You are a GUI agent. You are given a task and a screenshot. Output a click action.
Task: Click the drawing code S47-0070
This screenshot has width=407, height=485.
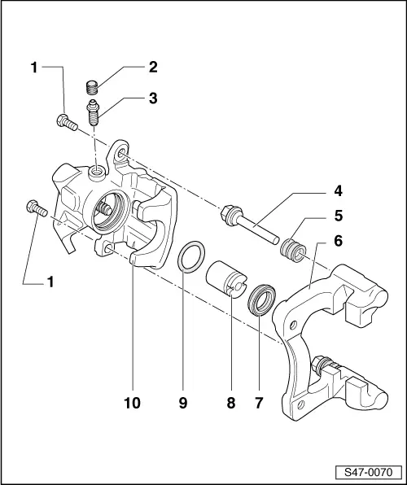(x=369, y=471)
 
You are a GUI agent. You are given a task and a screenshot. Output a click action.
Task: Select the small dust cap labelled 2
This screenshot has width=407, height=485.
(x=93, y=86)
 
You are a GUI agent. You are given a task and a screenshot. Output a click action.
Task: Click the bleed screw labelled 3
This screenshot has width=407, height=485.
(x=95, y=111)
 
